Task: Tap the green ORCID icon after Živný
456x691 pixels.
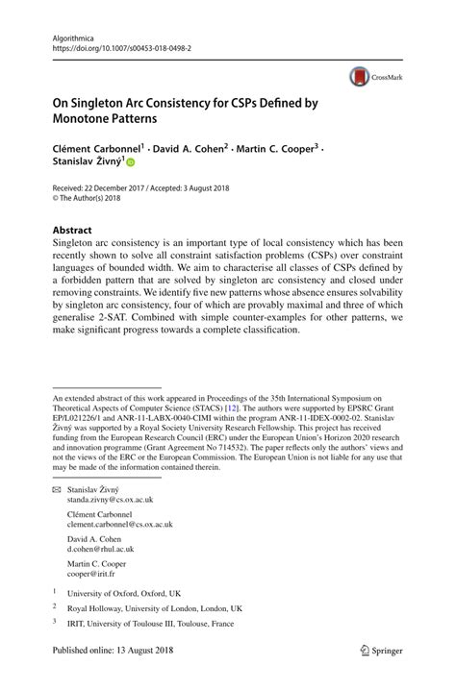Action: [x=132, y=163]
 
